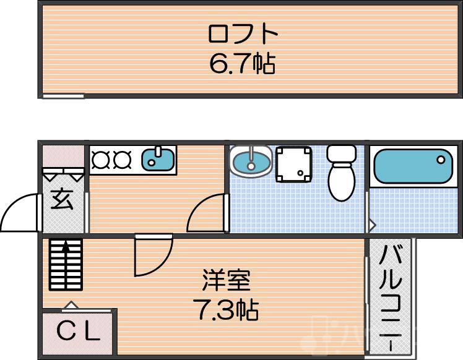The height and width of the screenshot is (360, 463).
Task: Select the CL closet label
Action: click(78, 333)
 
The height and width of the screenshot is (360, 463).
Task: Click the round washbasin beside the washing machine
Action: click(250, 162)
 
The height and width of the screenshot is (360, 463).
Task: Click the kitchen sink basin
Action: click(158, 160)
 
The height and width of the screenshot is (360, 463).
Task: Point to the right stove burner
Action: click(121, 160)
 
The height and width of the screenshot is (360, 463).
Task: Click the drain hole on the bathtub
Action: click(440, 160)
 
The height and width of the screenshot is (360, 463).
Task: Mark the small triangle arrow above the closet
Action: click(71, 304)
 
